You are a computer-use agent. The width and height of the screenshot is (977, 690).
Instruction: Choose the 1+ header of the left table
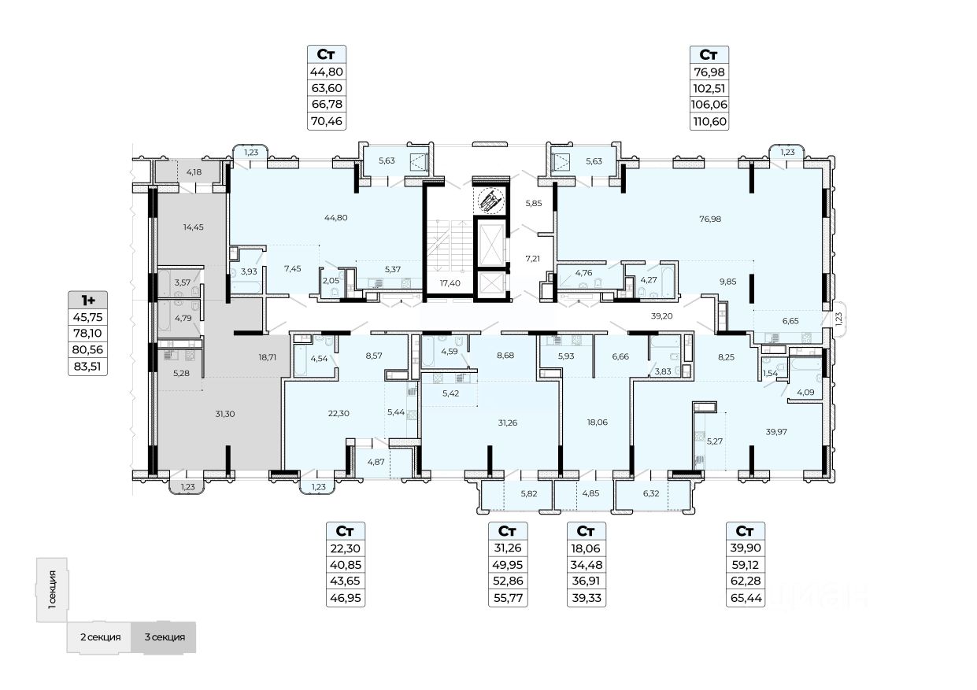click(87, 300)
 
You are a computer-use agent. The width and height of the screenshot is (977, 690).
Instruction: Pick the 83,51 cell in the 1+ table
click(87, 366)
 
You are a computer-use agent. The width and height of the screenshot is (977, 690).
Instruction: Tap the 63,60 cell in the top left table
click(327, 87)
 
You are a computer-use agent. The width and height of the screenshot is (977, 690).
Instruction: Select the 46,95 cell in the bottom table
click(346, 598)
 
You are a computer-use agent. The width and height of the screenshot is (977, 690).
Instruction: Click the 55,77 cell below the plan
click(508, 598)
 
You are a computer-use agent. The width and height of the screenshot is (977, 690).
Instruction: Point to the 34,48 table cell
click(586, 565)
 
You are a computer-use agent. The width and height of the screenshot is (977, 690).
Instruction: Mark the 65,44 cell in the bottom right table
click(745, 598)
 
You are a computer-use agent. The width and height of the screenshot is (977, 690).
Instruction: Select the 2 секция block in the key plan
click(99, 637)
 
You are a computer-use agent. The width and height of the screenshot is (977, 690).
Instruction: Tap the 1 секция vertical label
click(52, 590)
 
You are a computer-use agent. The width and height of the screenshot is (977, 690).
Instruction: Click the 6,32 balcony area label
click(651, 494)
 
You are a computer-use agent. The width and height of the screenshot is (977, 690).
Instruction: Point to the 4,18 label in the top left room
click(194, 171)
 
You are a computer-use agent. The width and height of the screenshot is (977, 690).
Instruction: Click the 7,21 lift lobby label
click(534, 257)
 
